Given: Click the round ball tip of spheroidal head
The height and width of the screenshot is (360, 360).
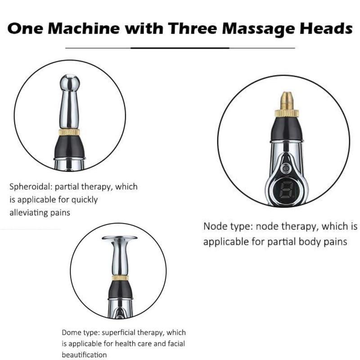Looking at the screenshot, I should [x=70, y=84].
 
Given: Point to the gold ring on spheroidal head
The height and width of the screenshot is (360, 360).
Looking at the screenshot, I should [x=70, y=132].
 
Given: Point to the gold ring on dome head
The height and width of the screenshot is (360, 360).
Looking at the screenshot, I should [x=120, y=278].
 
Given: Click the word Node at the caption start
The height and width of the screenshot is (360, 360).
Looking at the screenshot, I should [x=214, y=225].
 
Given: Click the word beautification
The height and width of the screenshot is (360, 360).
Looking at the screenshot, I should [x=85, y=355].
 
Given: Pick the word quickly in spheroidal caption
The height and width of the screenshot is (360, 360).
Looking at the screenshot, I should [x=84, y=199].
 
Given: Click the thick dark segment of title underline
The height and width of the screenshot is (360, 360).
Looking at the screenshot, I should [x=180, y=47].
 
